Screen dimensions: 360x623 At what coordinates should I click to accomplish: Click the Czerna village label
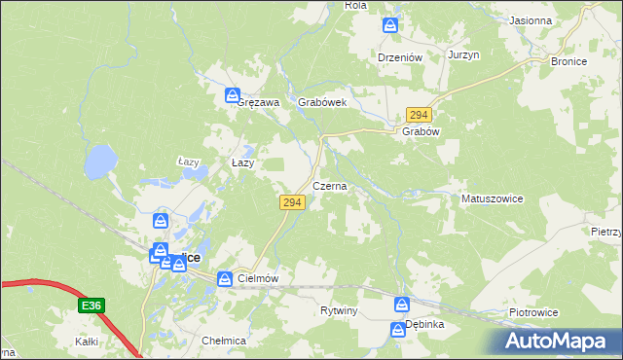click(x=329, y=186)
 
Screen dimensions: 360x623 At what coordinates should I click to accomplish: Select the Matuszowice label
click(x=492, y=198)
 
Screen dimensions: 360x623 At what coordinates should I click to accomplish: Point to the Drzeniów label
click(x=399, y=57)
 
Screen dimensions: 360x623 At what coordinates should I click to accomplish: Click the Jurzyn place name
click(x=464, y=55)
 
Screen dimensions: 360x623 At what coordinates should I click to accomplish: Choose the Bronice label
click(x=568, y=61)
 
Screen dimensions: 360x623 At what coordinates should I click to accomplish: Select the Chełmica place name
click(x=223, y=342)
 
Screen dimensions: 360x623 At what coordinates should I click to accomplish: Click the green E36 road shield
click(x=91, y=306)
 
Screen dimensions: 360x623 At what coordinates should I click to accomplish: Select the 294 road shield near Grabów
click(x=419, y=115)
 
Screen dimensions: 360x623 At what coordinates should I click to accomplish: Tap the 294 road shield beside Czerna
click(x=293, y=202)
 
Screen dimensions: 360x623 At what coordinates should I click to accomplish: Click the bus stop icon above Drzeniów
click(x=390, y=25)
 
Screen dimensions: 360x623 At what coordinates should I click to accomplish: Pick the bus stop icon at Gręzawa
click(x=233, y=95)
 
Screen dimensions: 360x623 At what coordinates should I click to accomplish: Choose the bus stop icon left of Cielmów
click(x=225, y=279)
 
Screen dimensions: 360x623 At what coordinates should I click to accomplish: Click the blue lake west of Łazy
click(x=99, y=162)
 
